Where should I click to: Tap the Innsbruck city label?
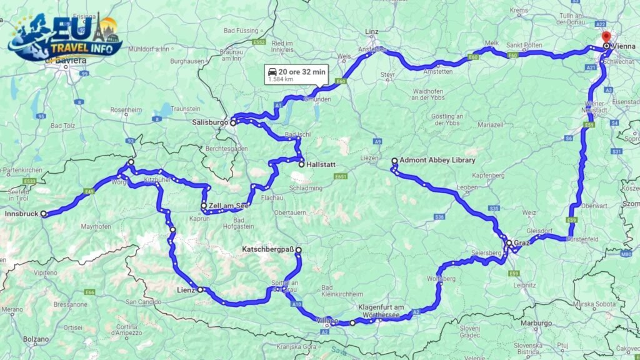tap(21, 214)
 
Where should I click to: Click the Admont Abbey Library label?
tap(437, 161)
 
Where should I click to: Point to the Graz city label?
tap(522, 242)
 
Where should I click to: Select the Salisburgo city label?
tap(209, 123)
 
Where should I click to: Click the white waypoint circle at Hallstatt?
tap(301, 164)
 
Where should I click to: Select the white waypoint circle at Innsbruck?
tap(44, 214)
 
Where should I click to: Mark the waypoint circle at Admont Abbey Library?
tap(394, 161)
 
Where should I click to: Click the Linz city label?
tap(372, 31)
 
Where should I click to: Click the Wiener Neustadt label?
tap(594, 106)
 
